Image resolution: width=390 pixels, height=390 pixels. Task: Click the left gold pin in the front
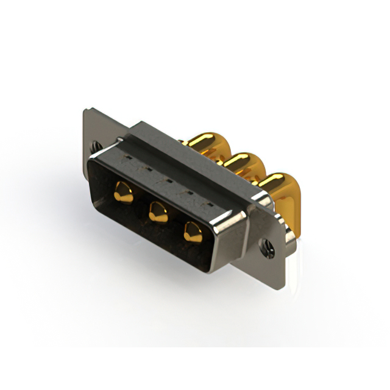tap(123, 194)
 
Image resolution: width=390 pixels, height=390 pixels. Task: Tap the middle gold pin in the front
tap(158, 212)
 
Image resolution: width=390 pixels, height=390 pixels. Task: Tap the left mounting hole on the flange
tap(94, 146)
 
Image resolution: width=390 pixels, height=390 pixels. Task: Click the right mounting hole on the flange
tap(266, 247)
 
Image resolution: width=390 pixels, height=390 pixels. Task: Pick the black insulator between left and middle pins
tap(140, 210)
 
